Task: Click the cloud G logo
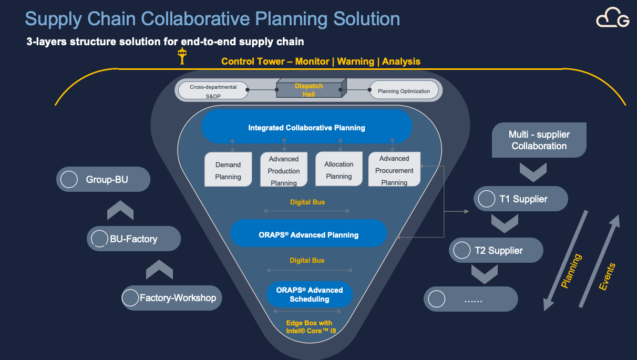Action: click(612, 19)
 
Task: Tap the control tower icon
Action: click(182, 56)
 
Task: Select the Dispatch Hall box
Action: click(309, 90)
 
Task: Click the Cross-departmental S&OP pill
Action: click(213, 91)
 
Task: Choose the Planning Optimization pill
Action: click(404, 91)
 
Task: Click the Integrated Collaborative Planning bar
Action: click(306, 127)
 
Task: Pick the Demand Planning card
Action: click(228, 170)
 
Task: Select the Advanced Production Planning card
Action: click(284, 170)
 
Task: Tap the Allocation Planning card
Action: click(338, 170)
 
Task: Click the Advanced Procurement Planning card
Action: click(394, 170)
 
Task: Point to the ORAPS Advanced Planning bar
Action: click(309, 234)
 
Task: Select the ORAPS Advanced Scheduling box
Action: click(309, 294)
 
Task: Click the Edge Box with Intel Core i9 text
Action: click(309, 327)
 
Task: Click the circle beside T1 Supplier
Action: click(487, 199)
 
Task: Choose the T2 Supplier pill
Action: click(496, 250)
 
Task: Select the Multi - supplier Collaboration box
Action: click(539, 140)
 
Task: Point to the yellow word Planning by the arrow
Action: click(571, 271)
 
